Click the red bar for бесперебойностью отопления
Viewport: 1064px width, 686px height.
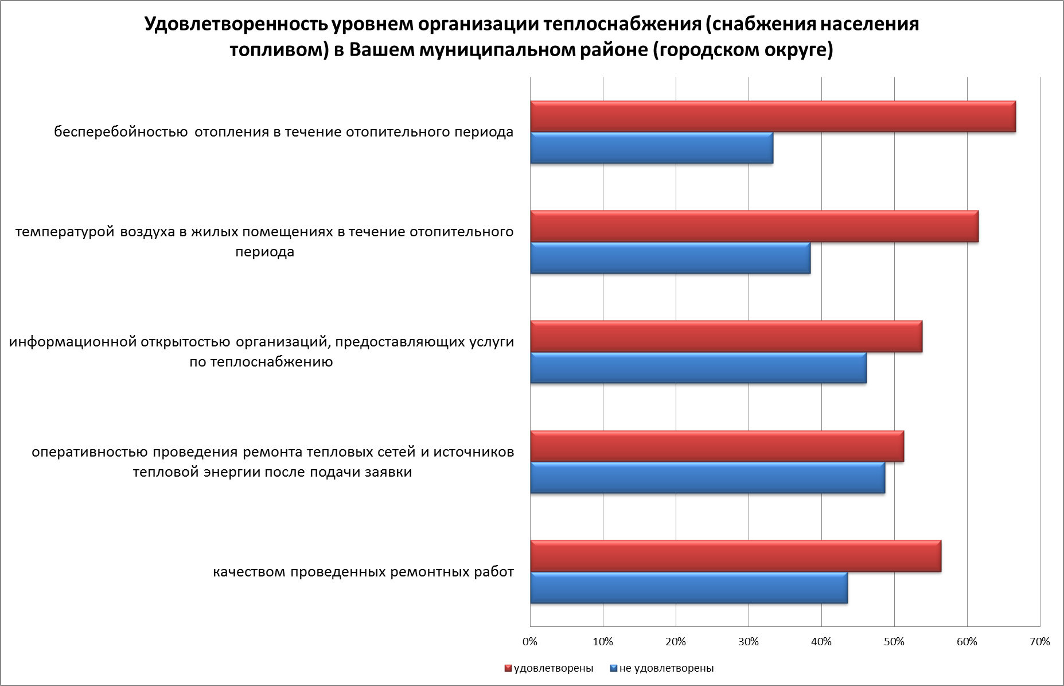(x=773, y=116)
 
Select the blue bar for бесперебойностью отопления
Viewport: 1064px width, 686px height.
(x=652, y=148)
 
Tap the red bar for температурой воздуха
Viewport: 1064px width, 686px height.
(x=754, y=227)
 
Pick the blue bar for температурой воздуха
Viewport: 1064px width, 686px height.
(x=670, y=258)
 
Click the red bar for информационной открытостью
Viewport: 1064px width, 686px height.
(x=726, y=337)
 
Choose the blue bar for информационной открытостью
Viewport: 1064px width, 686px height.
(x=698, y=368)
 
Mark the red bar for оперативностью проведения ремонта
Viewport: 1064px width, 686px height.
(x=717, y=446)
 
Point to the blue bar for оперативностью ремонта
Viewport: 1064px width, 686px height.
(x=707, y=477)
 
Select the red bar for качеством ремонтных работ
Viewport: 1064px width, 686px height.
(x=735, y=556)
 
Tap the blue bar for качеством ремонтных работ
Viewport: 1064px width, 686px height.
(x=689, y=587)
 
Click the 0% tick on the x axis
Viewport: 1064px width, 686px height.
(x=530, y=642)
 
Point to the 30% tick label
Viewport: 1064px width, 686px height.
(x=749, y=642)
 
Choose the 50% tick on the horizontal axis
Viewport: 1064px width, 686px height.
(x=894, y=642)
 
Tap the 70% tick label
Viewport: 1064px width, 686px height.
(x=1040, y=642)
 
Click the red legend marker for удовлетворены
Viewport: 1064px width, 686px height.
(x=508, y=668)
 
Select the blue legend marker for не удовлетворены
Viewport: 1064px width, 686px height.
(x=614, y=668)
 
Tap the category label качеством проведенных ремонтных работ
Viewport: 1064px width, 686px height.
(x=363, y=572)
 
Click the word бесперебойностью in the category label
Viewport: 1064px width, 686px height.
(x=121, y=132)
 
